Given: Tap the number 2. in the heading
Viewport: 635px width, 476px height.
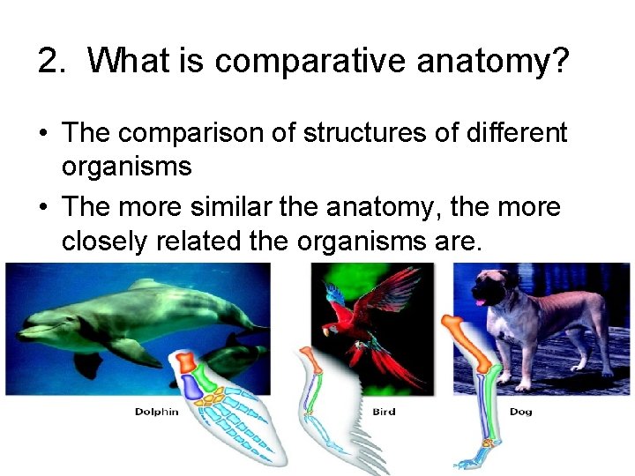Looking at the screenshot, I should pos(55,61).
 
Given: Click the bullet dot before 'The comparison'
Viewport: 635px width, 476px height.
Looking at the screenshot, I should pos(44,134).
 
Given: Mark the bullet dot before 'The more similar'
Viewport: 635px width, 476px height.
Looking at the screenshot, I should pos(44,209).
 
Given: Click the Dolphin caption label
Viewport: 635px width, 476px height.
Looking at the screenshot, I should pos(156,412).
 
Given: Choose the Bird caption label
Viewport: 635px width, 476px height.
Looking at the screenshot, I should pos(384,412).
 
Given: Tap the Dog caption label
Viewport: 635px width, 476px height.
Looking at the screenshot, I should pos(520,412).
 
